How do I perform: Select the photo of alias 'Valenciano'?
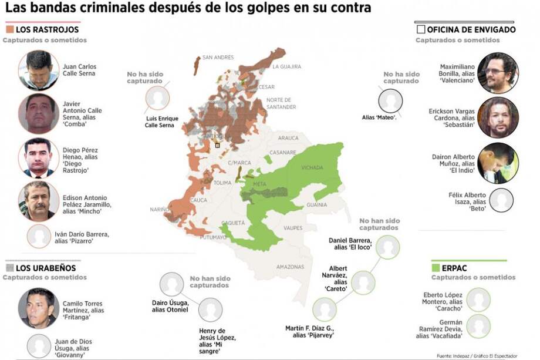pyautogui.click(x=498, y=73)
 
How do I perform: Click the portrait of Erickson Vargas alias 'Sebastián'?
pyautogui.click(x=498, y=117)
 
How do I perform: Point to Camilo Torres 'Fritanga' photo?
pyautogui.click(x=38, y=308)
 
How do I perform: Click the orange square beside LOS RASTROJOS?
pyautogui.click(x=10, y=29)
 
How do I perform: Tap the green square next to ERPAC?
pyautogui.click(x=436, y=267)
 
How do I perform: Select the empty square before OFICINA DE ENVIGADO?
pyautogui.click(x=420, y=29)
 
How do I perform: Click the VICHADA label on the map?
pyautogui.click(x=312, y=167)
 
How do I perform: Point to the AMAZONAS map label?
pyautogui.click(x=291, y=266)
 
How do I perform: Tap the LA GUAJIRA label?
pyautogui.click(x=286, y=67)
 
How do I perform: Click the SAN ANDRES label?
pyautogui.click(x=218, y=58)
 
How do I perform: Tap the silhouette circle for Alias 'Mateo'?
pyautogui.click(x=390, y=100)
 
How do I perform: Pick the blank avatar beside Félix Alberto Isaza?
pyautogui.click(x=501, y=200)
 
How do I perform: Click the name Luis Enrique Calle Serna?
pyautogui.click(x=161, y=122)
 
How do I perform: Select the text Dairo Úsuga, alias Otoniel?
pyautogui.click(x=170, y=306)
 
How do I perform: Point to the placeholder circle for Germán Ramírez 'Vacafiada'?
pyautogui.click(x=479, y=327)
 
